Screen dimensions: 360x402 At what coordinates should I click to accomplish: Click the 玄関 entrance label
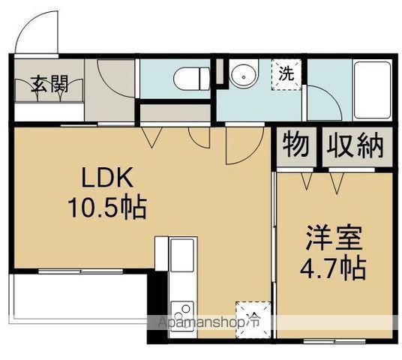[49, 84]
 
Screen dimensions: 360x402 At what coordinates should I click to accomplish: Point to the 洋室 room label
[334, 241]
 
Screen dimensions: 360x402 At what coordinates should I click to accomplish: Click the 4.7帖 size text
[334, 268]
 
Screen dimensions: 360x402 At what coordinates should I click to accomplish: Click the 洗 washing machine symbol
[286, 74]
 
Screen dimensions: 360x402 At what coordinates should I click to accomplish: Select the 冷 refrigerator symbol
[249, 315]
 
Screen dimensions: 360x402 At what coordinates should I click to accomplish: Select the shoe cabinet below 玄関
[48, 110]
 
